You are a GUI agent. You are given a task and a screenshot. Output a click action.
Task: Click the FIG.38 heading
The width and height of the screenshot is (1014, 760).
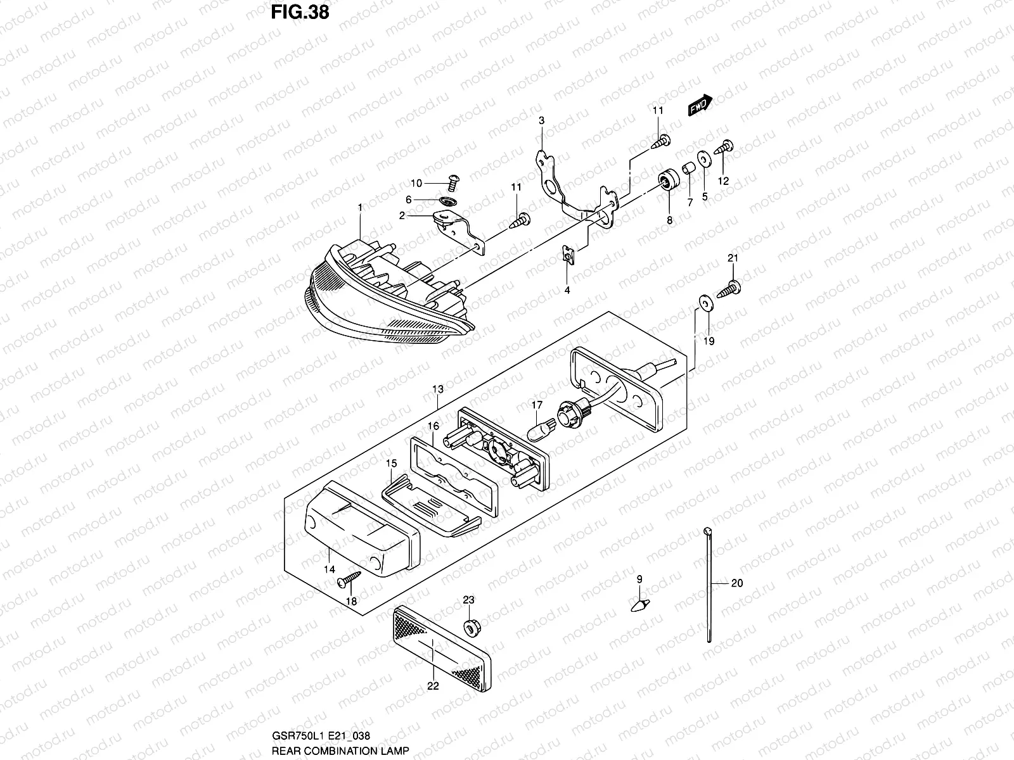[300, 12]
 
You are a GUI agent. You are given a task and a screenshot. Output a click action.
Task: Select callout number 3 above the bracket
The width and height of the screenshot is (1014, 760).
[542, 120]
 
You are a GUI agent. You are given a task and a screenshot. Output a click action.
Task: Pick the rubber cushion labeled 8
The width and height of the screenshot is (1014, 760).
[667, 181]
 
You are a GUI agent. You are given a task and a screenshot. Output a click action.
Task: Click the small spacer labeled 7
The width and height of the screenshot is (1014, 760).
[688, 170]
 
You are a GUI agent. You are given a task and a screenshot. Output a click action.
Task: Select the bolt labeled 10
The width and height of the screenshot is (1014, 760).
[452, 183]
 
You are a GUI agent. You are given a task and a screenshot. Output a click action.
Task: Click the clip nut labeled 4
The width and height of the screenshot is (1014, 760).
[569, 256]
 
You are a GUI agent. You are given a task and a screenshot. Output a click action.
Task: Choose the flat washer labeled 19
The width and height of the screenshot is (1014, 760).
[703, 302]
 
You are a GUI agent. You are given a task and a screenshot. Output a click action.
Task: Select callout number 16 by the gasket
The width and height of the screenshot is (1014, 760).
[433, 426]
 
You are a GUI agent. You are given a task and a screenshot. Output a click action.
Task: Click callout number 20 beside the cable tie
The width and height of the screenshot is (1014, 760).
[736, 583]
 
